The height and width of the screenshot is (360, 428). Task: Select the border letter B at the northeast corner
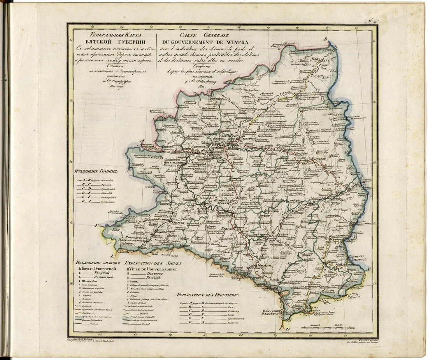pos(326,39)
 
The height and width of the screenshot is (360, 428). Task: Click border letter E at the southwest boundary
pos(112,256)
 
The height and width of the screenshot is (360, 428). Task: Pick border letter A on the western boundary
pos(142,142)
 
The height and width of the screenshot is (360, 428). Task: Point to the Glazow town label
pos(317,159)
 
